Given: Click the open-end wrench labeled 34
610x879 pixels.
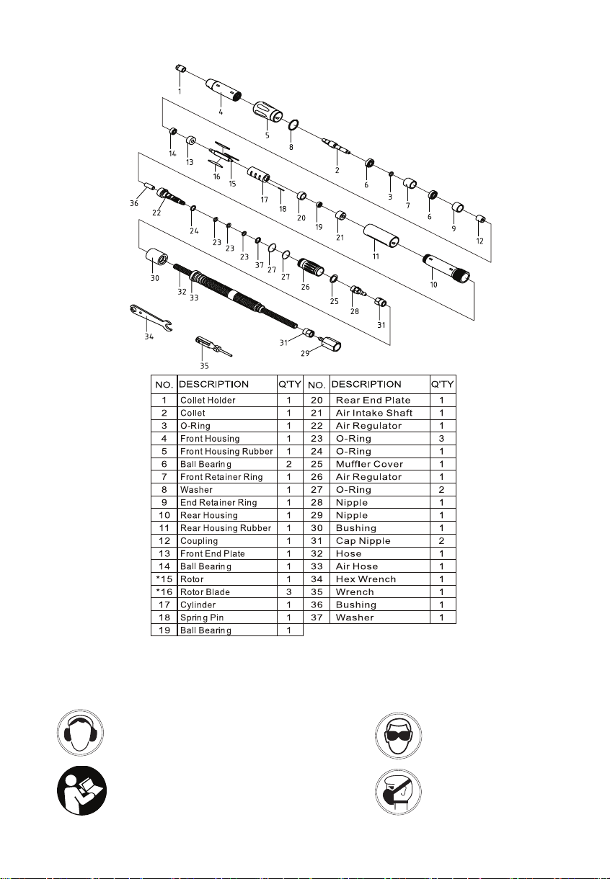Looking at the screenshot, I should pyautogui.click(x=150, y=318).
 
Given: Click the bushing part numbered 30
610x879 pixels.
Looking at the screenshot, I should pyautogui.click(x=158, y=256).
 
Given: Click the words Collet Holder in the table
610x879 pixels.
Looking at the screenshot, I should pyautogui.click(x=208, y=401).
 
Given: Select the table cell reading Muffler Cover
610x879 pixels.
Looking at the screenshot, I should pyautogui.click(x=369, y=464).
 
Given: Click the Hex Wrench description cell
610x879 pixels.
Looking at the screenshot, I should pyautogui.click(x=361, y=579).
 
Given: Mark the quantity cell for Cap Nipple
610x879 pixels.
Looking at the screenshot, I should pyautogui.click(x=441, y=541).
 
